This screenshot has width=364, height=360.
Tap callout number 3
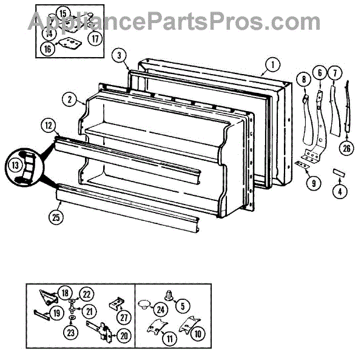[x=120, y=55]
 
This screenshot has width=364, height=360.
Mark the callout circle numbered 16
[x=48, y=49]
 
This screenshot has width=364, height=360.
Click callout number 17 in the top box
[x=95, y=38]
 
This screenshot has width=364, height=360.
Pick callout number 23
[x=71, y=333]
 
